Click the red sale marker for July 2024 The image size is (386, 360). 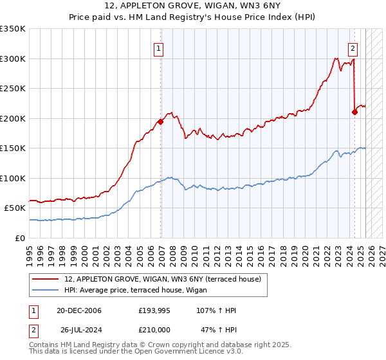(354, 112)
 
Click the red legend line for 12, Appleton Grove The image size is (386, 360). (46, 279)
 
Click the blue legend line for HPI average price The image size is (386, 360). (46, 290)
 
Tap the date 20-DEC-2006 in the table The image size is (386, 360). (79, 310)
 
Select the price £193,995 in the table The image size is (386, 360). (154, 310)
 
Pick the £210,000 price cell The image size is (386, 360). (154, 329)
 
